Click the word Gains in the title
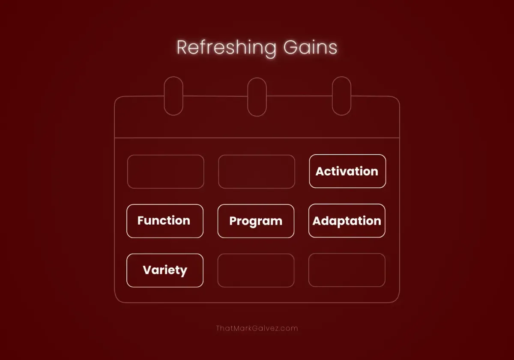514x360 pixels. point(310,48)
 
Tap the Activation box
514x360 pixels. point(347,171)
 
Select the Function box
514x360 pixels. point(165,221)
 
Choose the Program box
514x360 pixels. point(256,221)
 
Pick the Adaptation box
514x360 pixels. point(347,221)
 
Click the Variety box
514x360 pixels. point(165,270)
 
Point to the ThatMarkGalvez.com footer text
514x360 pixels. point(257,328)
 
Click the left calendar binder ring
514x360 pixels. point(173,96)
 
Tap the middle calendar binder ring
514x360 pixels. point(257,96)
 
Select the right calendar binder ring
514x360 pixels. point(341,96)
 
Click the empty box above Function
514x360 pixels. point(165,171)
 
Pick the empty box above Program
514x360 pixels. point(257,171)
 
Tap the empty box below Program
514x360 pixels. point(256,270)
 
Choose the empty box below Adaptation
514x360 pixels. point(347,270)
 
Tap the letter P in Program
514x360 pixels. point(233,221)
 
